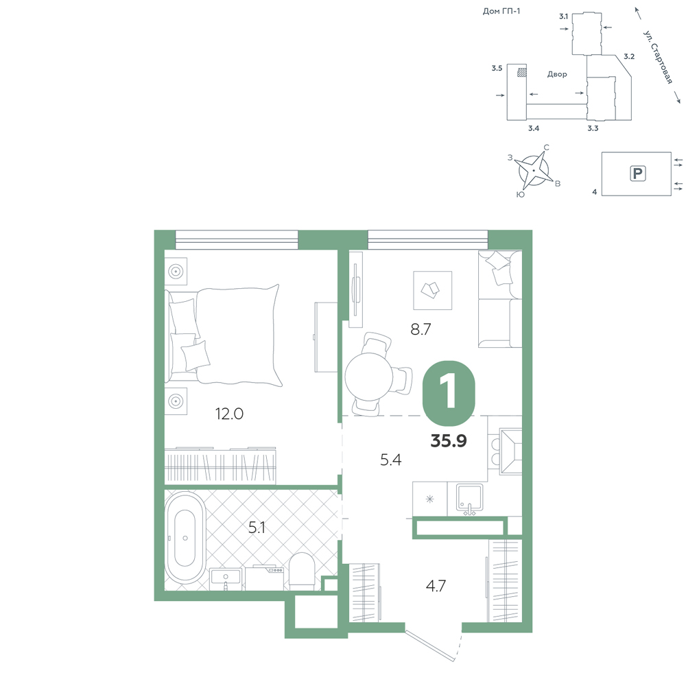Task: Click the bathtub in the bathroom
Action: click(185, 538)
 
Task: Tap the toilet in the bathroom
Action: click(301, 571)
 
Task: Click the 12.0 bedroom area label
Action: click(229, 414)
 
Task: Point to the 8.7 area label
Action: click(421, 329)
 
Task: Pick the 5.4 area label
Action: click(391, 460)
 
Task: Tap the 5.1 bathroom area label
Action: click(257, 528)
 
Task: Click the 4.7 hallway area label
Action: click(436, 585)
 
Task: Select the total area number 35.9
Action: click(449, 441)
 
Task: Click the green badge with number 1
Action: click(449, 393)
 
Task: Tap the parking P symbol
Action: click(638, 174)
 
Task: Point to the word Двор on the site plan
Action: click(557, 74)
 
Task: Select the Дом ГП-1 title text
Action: click(501, 12)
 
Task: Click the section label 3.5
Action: click(497, 68)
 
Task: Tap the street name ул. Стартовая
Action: click(658, 57)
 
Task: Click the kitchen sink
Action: click(469, 498)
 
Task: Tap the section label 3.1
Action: click(563, 16)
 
